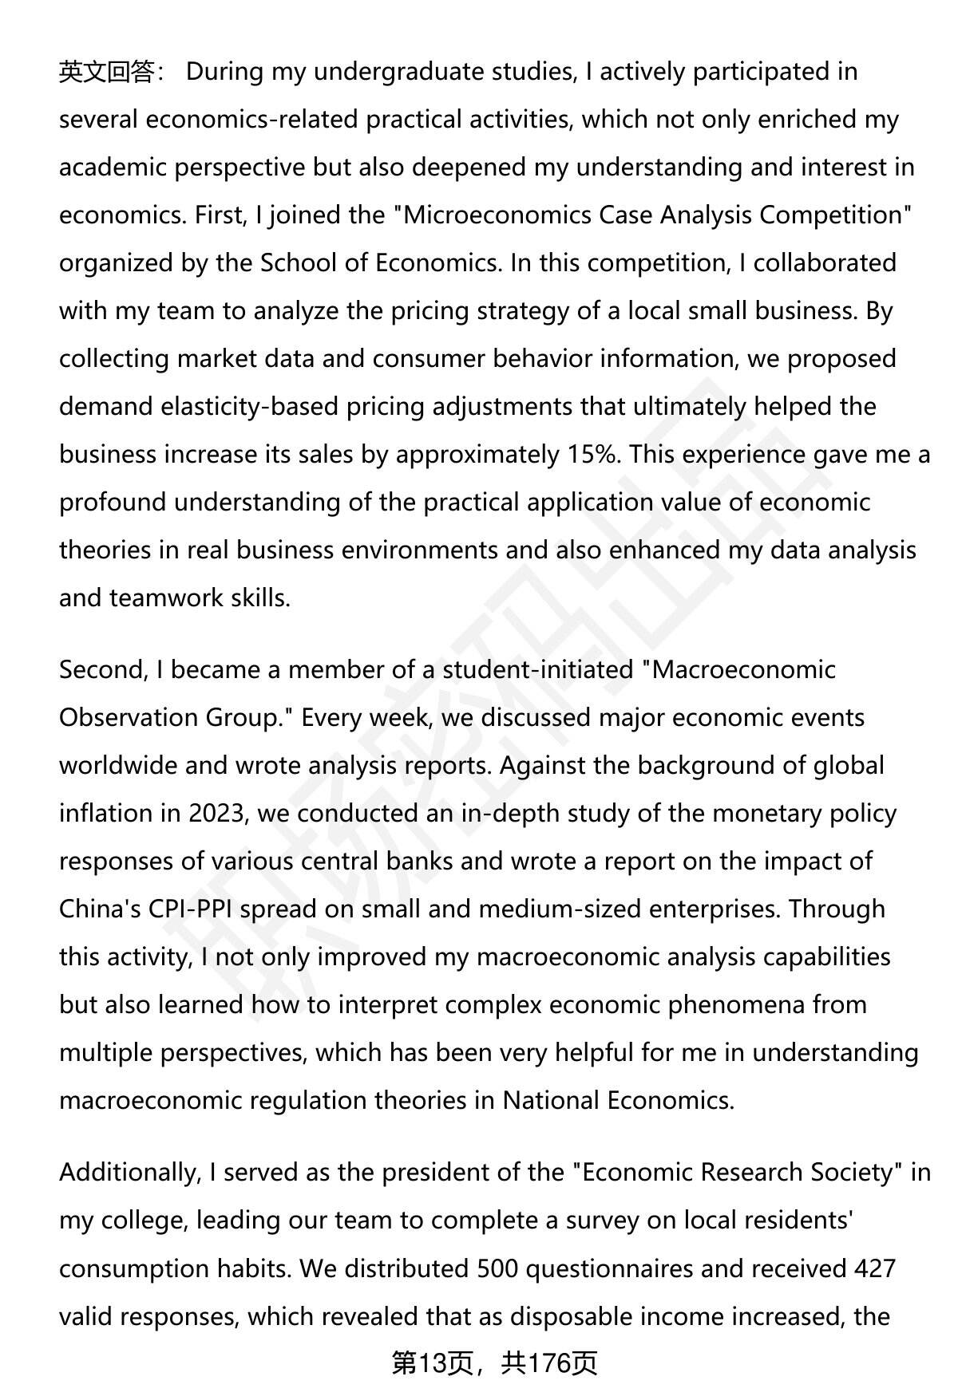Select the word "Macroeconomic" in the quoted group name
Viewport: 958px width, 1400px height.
pos(743,670)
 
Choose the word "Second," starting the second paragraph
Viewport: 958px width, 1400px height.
pos(103,670)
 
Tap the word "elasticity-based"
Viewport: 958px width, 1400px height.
pos(250,407)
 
